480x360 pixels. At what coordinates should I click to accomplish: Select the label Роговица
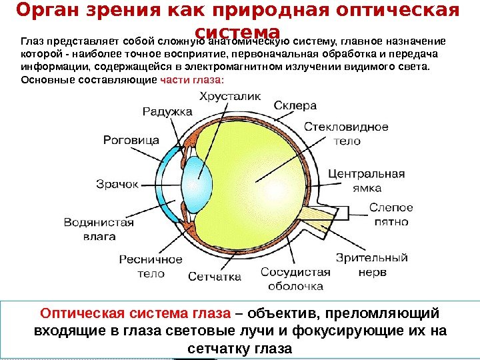pos(131,140)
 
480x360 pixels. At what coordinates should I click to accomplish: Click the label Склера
pos(295,105)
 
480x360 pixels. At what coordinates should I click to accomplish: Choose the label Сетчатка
pos(213,275)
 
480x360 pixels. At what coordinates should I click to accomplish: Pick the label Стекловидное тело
pos(347,133)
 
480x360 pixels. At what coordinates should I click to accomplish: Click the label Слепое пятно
pos(391,214)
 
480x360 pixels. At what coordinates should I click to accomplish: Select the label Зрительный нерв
pos(371,264)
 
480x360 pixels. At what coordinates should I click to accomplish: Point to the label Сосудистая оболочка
pos(296,279)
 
